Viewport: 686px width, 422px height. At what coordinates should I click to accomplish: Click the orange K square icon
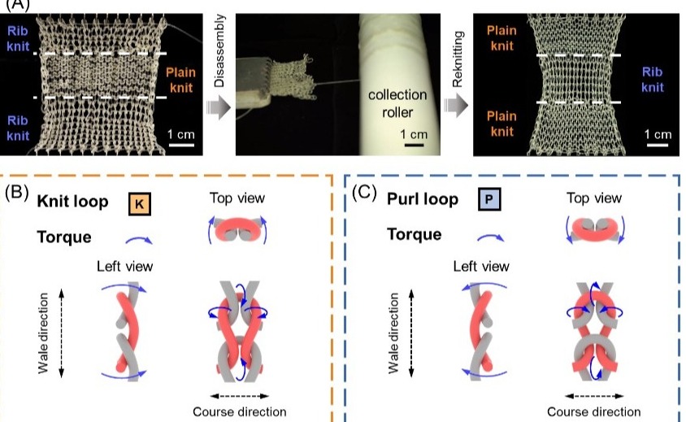coord(140,203)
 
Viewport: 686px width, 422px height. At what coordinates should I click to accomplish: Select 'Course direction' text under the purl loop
coord(594,411)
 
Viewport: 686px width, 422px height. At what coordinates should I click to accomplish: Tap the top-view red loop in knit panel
coord(235,230)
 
